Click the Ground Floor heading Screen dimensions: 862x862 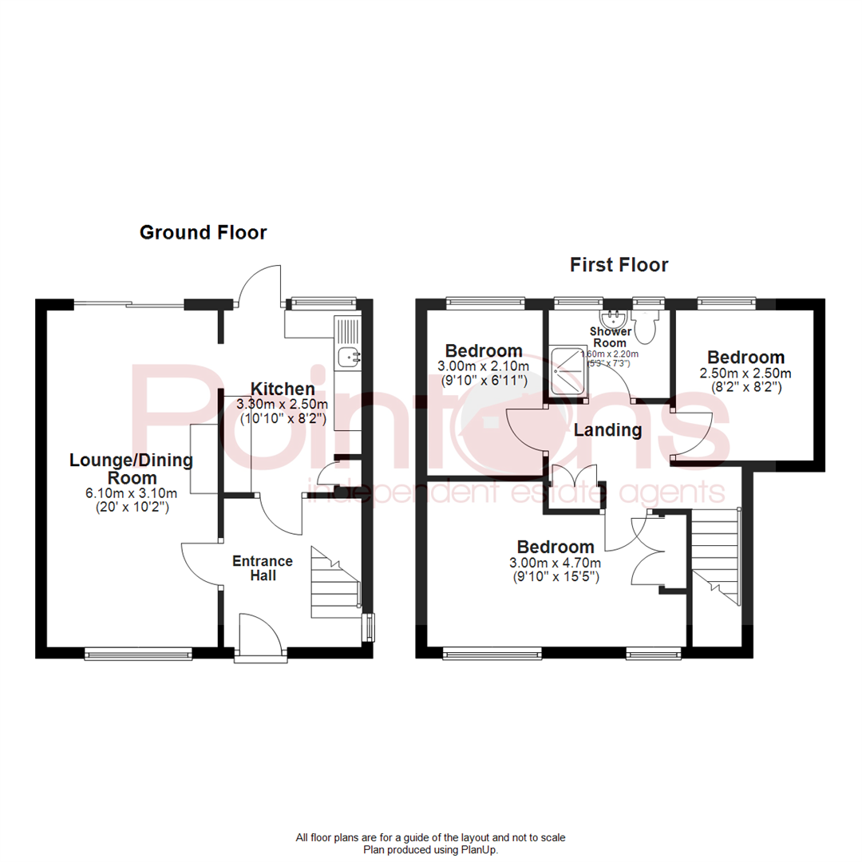tap(203, 232)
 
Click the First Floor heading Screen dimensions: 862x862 tap(619, 264)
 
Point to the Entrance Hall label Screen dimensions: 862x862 tap(263, 567)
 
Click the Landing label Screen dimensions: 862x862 tap(608, 431)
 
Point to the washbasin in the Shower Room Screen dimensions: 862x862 tap(613, 318)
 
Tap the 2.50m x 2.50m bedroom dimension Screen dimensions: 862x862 tap(745, 374)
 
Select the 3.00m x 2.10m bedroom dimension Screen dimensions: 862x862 tap(484, 366)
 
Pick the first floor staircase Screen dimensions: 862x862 tap(717, 559)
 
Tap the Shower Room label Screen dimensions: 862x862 tap(610, 337)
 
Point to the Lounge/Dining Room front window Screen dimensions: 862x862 tap(138, 654)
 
